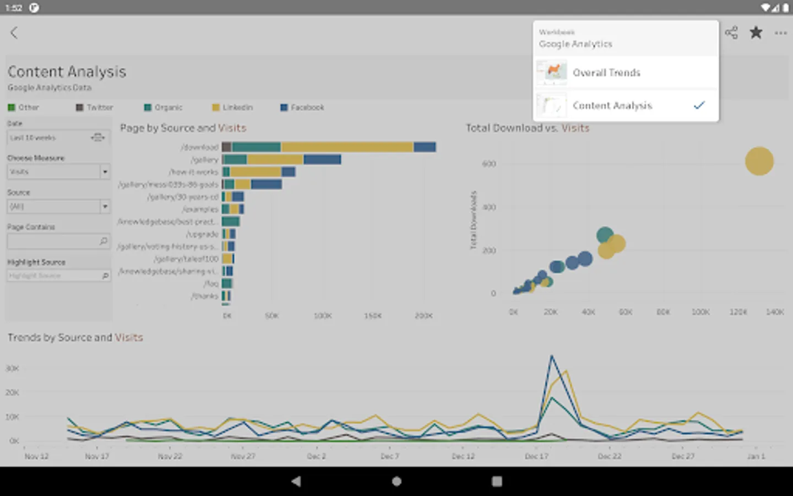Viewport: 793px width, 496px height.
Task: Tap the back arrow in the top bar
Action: [14, 33]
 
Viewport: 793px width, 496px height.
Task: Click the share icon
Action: [731, 33]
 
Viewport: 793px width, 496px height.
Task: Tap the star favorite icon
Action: [756, 33]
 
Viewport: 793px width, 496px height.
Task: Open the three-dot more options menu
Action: [780, 33]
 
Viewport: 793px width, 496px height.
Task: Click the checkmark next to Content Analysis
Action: [699, 105]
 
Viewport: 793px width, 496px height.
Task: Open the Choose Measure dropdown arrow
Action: [105, 172]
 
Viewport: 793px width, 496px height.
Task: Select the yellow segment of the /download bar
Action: [347, 147]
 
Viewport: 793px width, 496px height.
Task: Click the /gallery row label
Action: [204, 160]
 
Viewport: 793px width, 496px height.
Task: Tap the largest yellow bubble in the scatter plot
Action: [759, 161]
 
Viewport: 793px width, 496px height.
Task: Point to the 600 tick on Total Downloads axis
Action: [489, 164]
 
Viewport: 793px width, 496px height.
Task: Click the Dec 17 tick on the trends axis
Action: [536, 456]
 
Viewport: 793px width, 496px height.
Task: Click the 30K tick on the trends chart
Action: [13, 368]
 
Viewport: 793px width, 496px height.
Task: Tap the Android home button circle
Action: [397, 481]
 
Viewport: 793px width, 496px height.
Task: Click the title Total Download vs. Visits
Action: [528, 128]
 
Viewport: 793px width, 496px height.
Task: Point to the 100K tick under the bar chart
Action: [322, 316]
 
